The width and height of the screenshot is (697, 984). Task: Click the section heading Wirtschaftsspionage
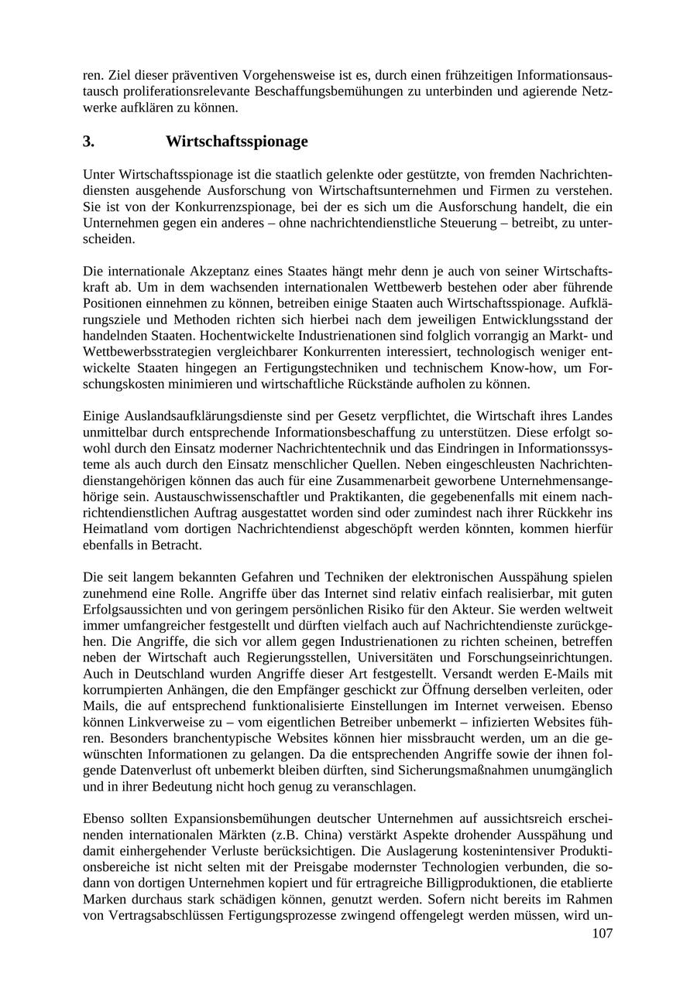[x=236, y=142]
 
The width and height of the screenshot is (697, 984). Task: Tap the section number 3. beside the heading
[x=89, y=142]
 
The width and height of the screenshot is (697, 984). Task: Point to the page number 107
[x=602, y=933]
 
